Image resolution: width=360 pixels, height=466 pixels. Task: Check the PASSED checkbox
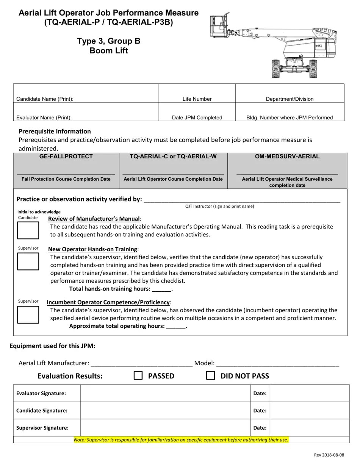(x=138, y=375)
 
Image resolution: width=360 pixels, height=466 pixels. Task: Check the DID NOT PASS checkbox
(x=211, y=375)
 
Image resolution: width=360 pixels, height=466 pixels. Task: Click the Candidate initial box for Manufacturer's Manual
(x=28, y=230)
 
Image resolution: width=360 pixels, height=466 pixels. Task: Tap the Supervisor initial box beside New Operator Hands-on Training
(x=28, y=261)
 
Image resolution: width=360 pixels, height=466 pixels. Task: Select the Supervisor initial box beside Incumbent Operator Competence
(x=28, y=314)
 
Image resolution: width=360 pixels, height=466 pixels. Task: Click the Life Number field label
(x=197, y=99)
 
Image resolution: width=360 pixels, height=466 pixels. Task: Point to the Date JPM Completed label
(x=197, y=117)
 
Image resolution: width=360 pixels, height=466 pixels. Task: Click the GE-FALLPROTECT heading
(x=66, y=156)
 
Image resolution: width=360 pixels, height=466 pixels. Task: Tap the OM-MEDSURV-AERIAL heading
(x=287, y=156)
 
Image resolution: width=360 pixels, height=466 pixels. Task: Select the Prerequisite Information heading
(x=55, y=131)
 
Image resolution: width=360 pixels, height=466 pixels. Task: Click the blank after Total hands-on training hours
(x=162, y=289)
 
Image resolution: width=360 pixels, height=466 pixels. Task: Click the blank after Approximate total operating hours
(x=176, y=326)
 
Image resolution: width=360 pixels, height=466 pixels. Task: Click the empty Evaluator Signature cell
(x=165, y=393)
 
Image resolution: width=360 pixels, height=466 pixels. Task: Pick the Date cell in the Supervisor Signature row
(x=309, y=428)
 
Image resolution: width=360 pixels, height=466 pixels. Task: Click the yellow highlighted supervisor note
(x=181, y=440)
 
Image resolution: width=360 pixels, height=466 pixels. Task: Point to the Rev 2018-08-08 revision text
(x=329, y=455)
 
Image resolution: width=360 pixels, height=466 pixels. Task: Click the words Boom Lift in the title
(x=109, y=51)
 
